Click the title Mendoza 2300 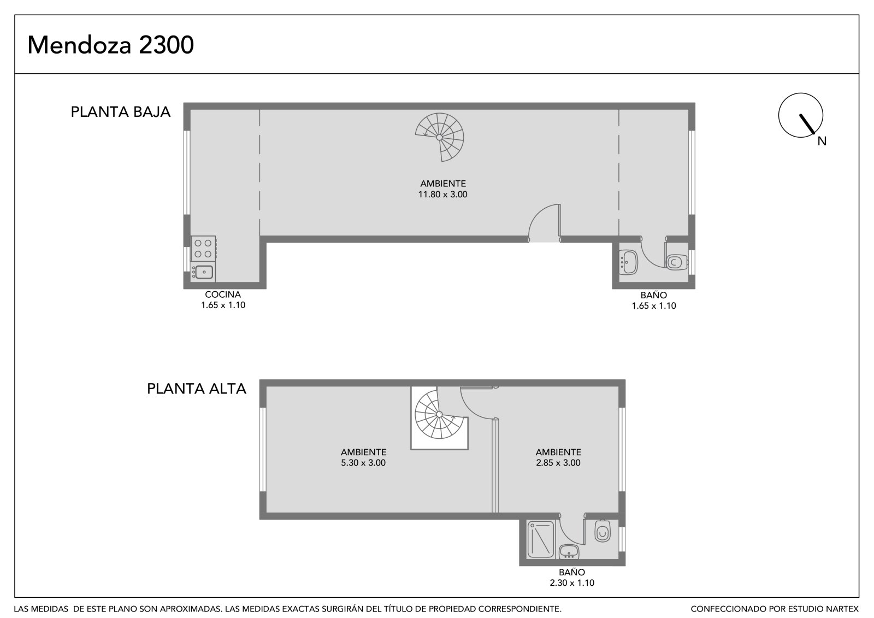tap(110, 45)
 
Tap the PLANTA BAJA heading tap(121, 112)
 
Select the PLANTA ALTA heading tap(197, 389)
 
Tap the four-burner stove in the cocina tap(203, 249)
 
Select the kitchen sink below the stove tap(203, 272)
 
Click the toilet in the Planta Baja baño tap(677, 262)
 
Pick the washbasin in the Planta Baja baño tap(628, 262)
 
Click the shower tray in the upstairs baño tap(541, 539)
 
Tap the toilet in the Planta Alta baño tap(603, 531)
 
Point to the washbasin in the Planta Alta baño tap(569, 552)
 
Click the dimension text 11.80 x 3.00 tap(443, 195)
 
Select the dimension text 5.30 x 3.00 tap(363, 463)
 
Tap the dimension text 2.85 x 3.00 tap(558, 463)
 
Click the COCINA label tap(223, 295)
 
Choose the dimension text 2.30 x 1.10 tap(572, 583)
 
